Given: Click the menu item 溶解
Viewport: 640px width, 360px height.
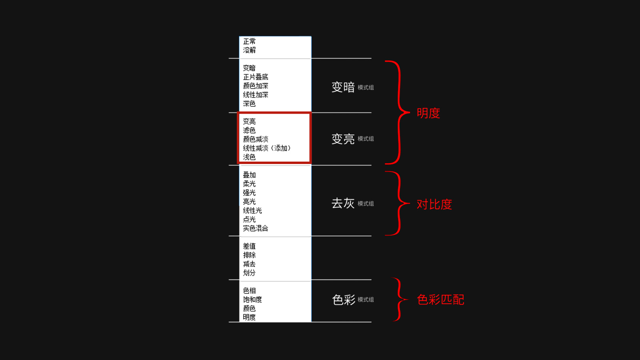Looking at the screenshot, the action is click(249, 50).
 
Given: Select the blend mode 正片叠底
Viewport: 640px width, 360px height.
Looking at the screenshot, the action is click(256, 77).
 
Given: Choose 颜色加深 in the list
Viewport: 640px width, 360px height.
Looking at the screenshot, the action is click(256, 86).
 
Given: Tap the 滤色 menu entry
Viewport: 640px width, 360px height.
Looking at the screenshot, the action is click(249, 130).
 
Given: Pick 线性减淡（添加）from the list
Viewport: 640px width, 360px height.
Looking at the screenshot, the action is click(267, 148).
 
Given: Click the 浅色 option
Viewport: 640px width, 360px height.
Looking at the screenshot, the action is click(249, 157).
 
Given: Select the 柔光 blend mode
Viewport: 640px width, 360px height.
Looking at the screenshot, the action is click(249, 184).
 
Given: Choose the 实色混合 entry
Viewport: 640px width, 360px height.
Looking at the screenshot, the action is click(256, 228).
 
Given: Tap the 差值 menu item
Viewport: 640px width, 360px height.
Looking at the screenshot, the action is click(249, 246).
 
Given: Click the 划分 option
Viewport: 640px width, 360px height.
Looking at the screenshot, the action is click(249, 273).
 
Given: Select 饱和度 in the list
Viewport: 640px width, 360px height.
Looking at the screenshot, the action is click(252, 300).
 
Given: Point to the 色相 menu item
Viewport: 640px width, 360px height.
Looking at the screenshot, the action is click(249, 291).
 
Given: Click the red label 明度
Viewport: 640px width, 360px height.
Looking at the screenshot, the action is click(428, 113).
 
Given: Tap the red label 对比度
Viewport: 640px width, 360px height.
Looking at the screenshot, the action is click(434, 204).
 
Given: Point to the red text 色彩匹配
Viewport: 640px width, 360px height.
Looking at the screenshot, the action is click(440, 300).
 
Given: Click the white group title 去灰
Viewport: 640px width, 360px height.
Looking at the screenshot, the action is click(343, 203).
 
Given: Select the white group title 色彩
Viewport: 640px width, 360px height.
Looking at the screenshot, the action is click(344, 300).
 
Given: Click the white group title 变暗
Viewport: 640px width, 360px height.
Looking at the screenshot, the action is click(343, 87).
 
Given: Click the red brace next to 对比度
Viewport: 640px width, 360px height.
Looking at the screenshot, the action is click(398, 203).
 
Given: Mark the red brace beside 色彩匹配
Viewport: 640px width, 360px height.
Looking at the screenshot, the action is click(399, 300).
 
